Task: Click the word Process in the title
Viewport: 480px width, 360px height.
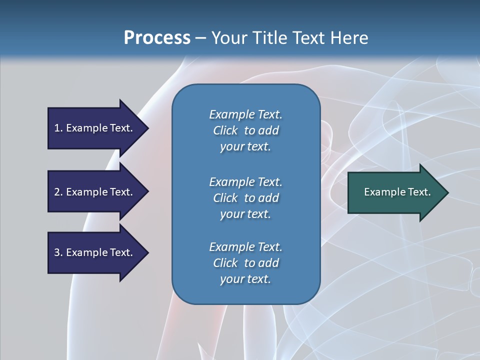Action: pos(157,38)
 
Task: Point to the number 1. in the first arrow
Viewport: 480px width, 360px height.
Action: pos(58,128)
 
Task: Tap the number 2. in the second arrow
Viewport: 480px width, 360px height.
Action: pos(58,192)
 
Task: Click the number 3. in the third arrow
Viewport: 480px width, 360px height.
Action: pos(58,252)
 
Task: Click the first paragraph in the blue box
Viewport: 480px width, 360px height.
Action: pos(245,130)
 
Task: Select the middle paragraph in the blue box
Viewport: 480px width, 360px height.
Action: pos(245,197)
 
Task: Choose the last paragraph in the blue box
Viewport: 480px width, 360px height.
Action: pos(245,263)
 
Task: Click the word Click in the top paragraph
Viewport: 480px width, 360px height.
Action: pos(225,130)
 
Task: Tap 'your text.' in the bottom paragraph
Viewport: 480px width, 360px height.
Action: pos(245,279)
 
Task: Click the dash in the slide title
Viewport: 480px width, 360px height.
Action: pos(200,38)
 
